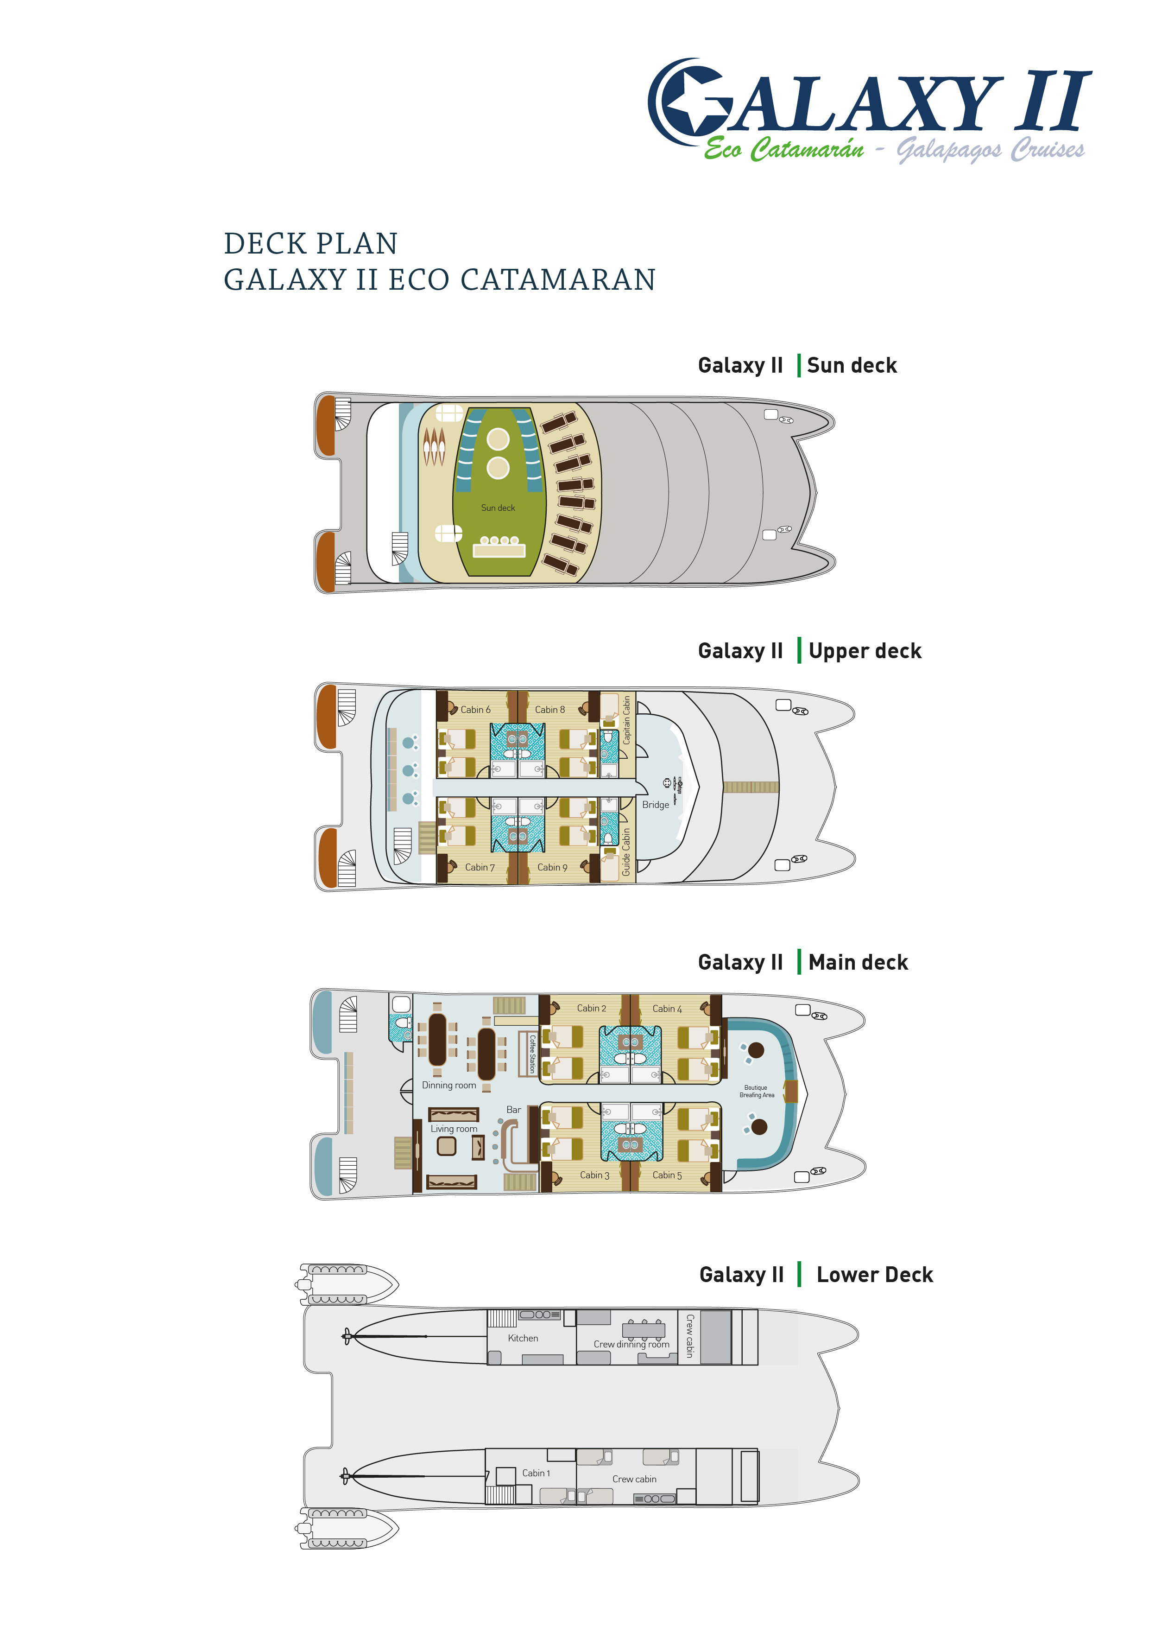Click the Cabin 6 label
pyautogui.click(x=475, y=710)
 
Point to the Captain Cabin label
pyautogui.click(x=626, y=719)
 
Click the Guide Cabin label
pyautogui.click(x=626, y=852)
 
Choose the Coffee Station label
pyautogui.click(x=532, y=1054)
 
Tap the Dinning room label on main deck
pyautogui.click(x=449, y=1085)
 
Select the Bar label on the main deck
pyautogui.click(x=513, y=1110)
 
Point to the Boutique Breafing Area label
pyautogui.click(x=756, y=1091)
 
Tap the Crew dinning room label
pyautogui.click(x=631, y=1344)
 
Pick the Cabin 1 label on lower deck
pyautogui.click(x=536, y=1473)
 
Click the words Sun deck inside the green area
pyautogui.click(x=498, y=508)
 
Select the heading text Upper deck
pyautogui.click(x=865, y=651)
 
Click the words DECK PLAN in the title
pyautogui.click(x=311, y=244)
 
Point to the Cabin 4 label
pyautogui.click(x=667, y=1009)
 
